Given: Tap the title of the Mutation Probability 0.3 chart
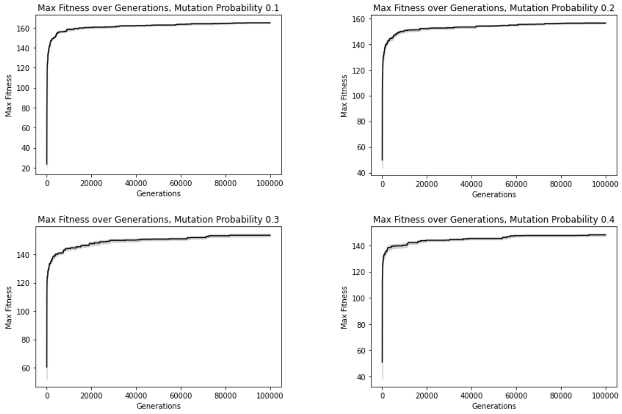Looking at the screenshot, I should [x=158, y=219].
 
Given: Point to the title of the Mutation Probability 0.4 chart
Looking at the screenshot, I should [x=493, y=219].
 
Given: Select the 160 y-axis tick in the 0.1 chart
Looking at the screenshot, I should [x=23, y=28].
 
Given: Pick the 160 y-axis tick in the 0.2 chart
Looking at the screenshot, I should [x=359, y=19].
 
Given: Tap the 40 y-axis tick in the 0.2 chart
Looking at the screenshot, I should [x=361, y=173].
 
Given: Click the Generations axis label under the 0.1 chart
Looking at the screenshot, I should [x=158, y=194].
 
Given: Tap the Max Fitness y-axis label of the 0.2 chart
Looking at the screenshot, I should [x=344, y=96].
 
